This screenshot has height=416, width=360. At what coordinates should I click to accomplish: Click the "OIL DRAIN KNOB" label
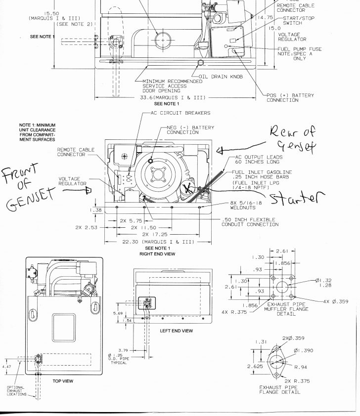point(221,77)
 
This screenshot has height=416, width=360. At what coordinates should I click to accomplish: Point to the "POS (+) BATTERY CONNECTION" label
point(290,98)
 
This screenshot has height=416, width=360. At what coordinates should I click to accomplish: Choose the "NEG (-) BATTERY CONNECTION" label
point(190,130)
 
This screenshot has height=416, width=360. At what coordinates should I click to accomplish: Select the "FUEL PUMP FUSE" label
point(299,49)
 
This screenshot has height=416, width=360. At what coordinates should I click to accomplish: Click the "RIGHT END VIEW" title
point(157,254)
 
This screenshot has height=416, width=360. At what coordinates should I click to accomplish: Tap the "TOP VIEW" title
point(63,381)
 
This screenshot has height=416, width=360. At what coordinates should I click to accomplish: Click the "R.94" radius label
point(301,368)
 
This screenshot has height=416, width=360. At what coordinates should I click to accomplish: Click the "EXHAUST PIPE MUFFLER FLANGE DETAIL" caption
point(286,310)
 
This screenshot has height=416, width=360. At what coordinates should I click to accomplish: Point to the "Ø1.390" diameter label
point(303,350)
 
